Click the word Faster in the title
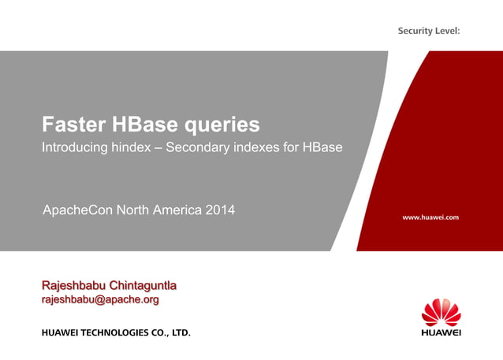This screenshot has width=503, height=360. coord(73,124)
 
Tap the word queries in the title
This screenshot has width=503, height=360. coord(222,125)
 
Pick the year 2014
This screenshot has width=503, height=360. coord(220,210)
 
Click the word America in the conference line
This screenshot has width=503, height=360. coord(175,210)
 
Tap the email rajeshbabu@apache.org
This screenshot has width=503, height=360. coord(100,300)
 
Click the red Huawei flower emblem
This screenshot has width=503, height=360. coord(441,312)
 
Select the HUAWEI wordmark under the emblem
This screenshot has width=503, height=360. coord(441,332)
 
